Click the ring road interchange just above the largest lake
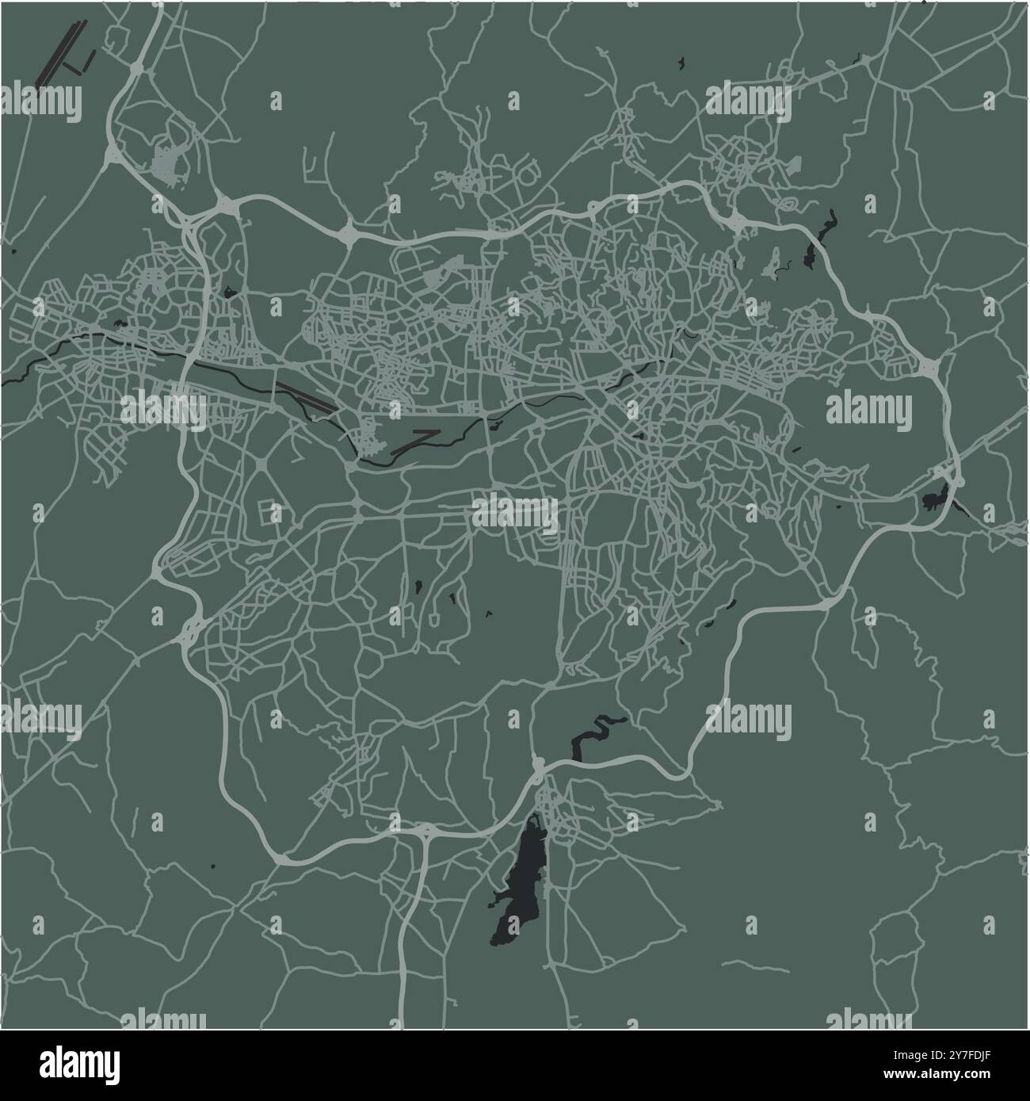538,766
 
